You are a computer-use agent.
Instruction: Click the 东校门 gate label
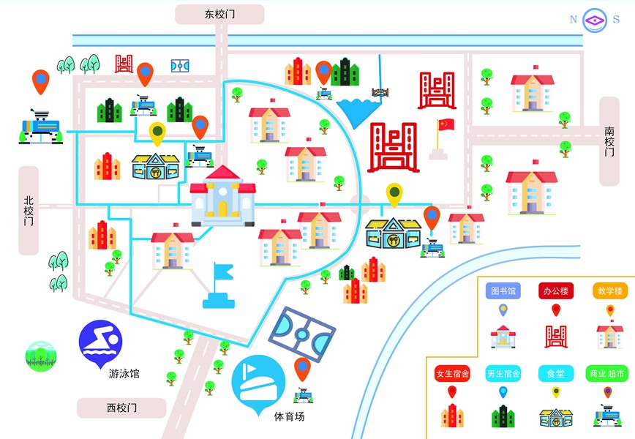click(x=219, y=14)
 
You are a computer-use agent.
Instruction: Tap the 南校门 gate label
click(x=609, y=142)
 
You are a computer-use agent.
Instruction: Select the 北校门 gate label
click(x=29, y=211)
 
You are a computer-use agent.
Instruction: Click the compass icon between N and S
click(x=595, y=20)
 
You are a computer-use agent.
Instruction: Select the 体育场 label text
click(x=289, y=416)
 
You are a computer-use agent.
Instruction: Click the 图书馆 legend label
click(x=503, y=290)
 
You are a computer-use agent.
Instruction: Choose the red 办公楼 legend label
click(x=556, y=290)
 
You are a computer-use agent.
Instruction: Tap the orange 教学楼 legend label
click(x=609, y=290)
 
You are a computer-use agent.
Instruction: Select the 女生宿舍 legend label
click(x=451, y=373)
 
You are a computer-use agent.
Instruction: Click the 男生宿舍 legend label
click(x=503, y=373)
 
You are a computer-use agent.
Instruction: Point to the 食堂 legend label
click(x=555, y=373)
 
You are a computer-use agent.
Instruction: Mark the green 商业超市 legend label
click(x=607, y=373)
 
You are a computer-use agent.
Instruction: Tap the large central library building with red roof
click(x=223, y=195)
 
